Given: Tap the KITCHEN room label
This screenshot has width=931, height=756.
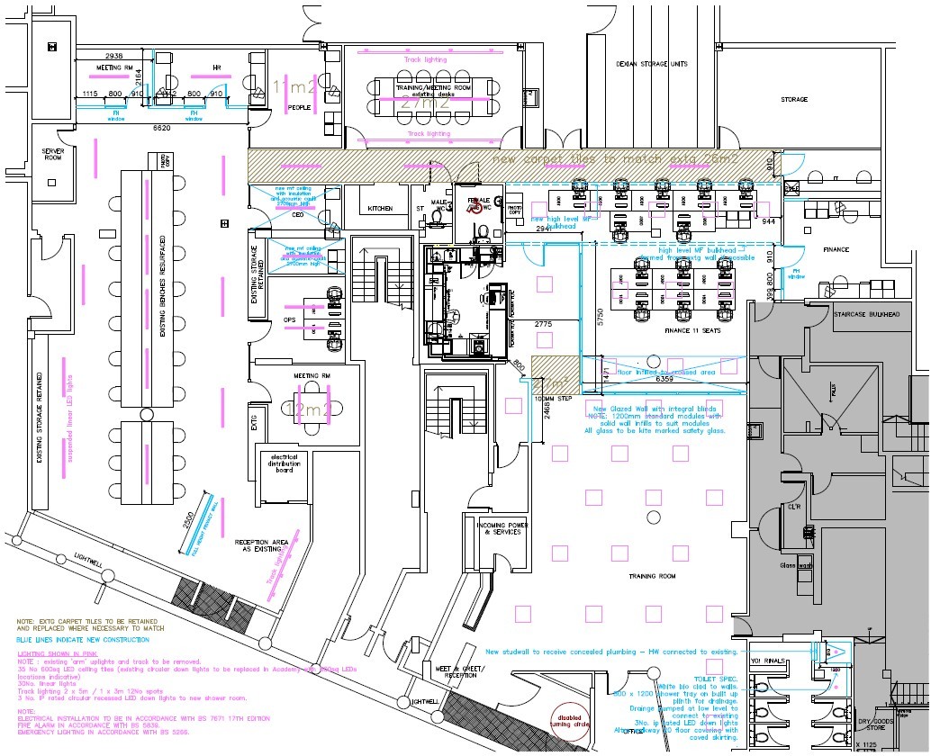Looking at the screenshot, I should click(x=380, y=208).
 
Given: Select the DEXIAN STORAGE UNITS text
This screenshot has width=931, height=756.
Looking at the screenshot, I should click(x=652, y=64).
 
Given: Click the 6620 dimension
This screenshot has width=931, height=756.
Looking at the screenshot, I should click(x=162, y=129).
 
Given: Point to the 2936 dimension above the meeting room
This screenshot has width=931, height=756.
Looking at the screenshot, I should click(x=113, y=56).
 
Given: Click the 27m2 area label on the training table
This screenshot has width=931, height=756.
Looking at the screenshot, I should click(x=426, y=103).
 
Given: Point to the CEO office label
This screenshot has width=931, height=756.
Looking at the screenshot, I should click(x=297, y=215).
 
